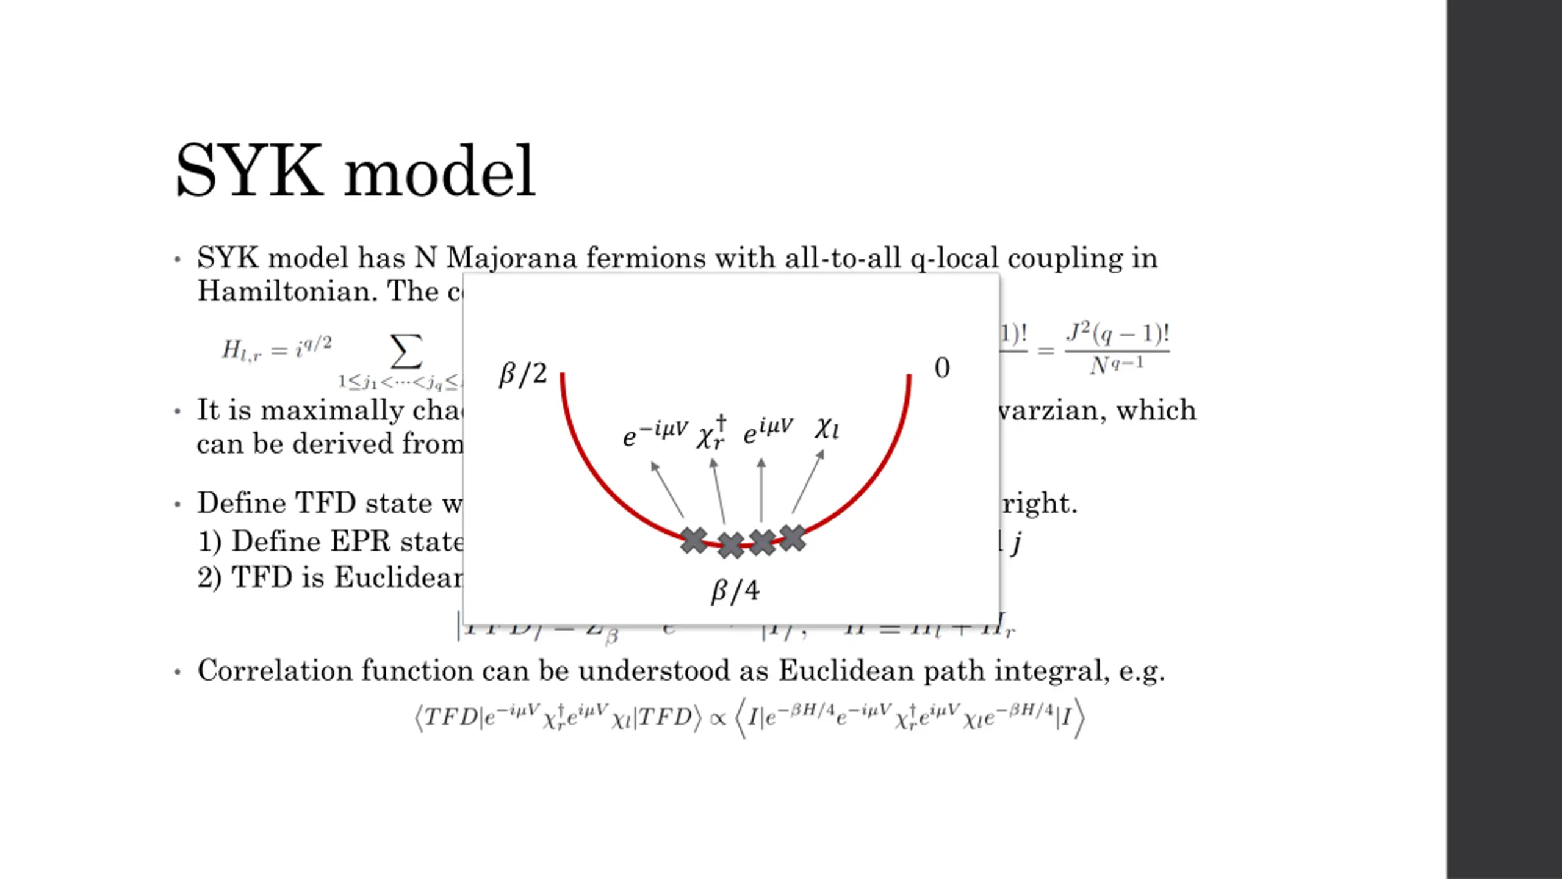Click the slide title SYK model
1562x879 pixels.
355,172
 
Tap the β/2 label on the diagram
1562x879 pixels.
523,374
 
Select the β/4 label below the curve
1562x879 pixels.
735,591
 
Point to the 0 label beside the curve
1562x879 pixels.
941,368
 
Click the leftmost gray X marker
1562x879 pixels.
694,540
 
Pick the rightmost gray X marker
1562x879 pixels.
793,538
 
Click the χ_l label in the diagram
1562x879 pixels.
827,429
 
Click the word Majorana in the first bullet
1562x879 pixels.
511,258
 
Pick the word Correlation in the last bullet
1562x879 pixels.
275,670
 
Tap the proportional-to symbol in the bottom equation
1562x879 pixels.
718,718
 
